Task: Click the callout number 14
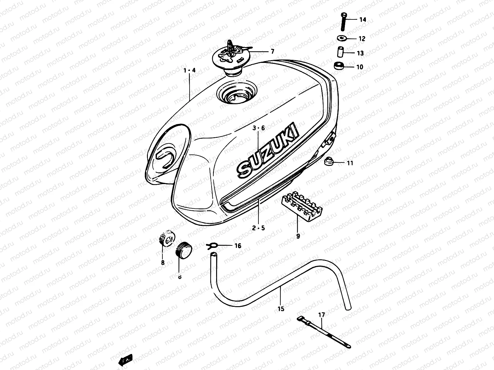(x=362, y=20)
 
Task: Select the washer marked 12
(x=342, y=38)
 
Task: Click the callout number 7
(x=272, y=52)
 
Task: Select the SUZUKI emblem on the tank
(x=268, y=151)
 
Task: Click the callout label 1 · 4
(x=190, y=70)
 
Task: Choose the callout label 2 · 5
(x=258, y=228)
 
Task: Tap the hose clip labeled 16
(x=212, y=245)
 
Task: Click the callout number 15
(x=281, y=309)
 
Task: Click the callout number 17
(x=321, y=315)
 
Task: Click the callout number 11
(x=350, y=163)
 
